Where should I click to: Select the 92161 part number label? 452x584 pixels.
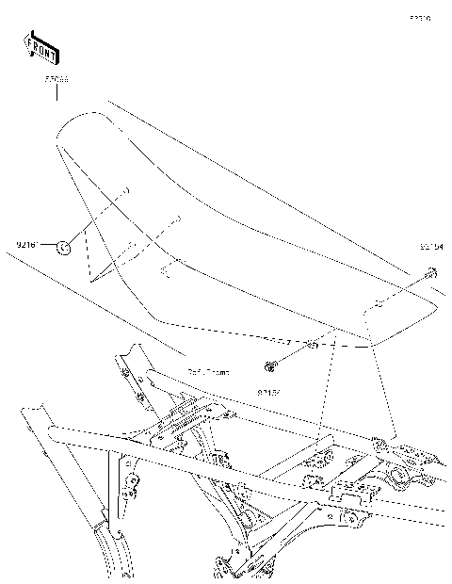28,245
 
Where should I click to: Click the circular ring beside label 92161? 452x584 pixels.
63,247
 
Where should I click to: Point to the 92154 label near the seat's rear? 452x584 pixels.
431,246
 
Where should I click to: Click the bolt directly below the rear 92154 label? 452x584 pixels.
428,273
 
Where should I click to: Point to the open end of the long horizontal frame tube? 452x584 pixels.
56,436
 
